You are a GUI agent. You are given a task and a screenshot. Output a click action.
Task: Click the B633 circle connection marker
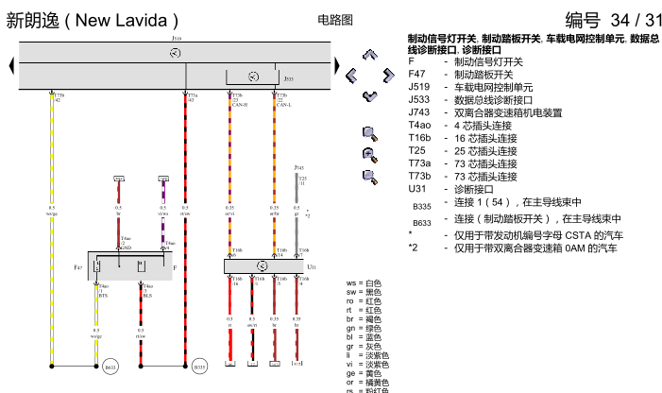(x=110, y=367)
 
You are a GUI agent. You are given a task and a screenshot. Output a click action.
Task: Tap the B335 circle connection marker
(x=199, y=367)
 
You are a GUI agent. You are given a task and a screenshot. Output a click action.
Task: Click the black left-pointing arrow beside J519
(x=10, y=64)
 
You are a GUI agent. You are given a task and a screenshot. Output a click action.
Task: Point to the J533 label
(x=288, y=79)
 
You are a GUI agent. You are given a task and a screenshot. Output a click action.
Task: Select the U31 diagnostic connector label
(x=313, y=267)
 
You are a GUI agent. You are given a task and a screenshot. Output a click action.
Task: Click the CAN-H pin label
(x=238, y=105)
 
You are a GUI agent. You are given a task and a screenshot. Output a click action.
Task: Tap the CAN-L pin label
(x=283, y=105)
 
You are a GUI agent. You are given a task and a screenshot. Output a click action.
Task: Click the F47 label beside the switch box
(x=79, y=268)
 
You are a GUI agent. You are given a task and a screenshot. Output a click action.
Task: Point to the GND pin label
(x=125, y=248)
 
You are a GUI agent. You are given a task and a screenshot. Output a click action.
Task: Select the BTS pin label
(x=103, y=296)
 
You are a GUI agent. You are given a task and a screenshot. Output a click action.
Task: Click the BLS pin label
(x=147, y=296)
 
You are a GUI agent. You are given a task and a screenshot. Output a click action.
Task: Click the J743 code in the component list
(x=419, y=111)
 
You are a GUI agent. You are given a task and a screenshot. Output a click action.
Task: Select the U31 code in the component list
(x=417, y=188)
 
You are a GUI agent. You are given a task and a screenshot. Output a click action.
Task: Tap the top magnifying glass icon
(x=369, y=134)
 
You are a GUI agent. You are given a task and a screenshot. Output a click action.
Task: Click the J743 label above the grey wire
(x=298, y=167)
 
